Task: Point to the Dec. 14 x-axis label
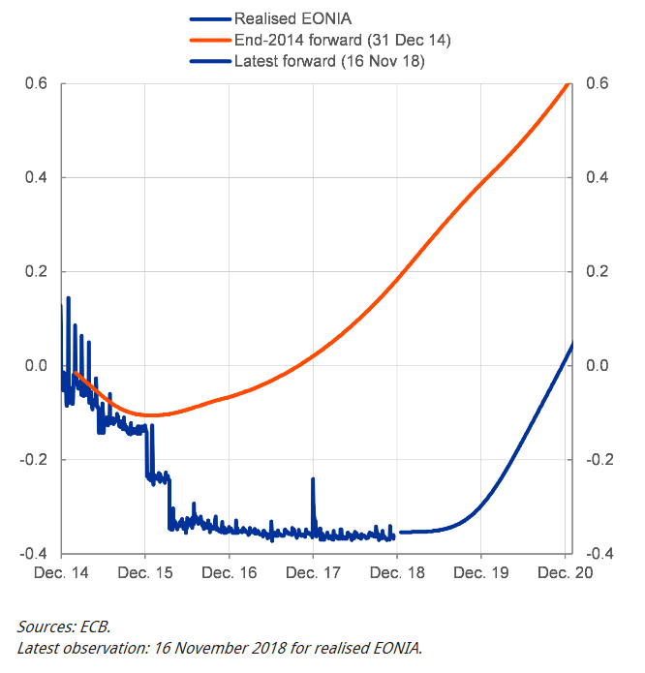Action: (62, 573)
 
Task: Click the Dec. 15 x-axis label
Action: (145, 573)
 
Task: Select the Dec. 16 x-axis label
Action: (230, 573)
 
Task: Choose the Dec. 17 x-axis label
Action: (313, 573)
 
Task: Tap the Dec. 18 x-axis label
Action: (397, 573)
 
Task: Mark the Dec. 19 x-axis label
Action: (481, 573)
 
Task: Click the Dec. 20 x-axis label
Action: (565, 573)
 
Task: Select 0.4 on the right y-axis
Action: (597, 178)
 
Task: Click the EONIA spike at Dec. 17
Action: (313, 480)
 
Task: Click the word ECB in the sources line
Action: (97, 628)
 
